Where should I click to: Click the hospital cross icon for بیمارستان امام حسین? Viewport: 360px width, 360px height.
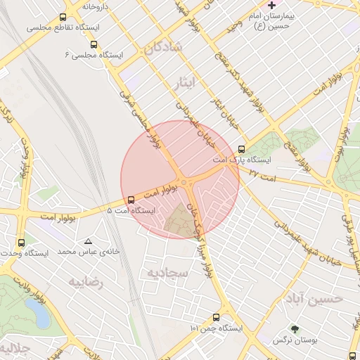tap(272, 5)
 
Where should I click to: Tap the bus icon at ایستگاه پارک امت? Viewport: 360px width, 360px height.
tap(242, 149)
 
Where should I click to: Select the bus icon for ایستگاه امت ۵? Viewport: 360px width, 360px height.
tap(131, 199)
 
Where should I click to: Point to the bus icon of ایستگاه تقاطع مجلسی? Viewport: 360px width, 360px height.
tap(63, 18)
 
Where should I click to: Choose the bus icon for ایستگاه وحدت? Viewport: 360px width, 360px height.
tap(20, 243)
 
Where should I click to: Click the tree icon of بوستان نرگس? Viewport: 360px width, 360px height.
tap(295, 328)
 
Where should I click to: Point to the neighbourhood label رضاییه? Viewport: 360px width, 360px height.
tap(86, 282)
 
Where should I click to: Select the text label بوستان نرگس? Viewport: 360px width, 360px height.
tap(293, 340)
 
